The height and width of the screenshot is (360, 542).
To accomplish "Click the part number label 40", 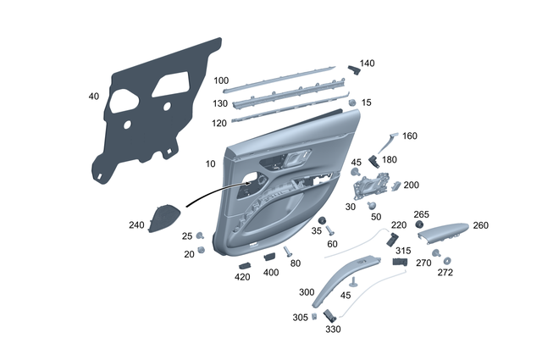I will [x=93, y=97].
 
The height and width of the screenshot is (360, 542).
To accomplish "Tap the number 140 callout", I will [x=367, y=64].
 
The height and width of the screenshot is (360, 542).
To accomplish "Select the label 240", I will [x=136, y=225].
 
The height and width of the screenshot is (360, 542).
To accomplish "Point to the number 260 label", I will [x=480, y=226].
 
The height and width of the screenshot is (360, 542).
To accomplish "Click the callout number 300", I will [x=307, y=292].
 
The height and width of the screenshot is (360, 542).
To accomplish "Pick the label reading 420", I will [x=242, y=277].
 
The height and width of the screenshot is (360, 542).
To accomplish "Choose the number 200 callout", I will [x=411, y=185].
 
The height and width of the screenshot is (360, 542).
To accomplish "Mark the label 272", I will [x=445, y=273].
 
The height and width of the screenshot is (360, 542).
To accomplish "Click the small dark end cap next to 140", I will [x=355, y=70].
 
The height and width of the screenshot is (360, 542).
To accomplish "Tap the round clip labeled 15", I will [x=351, y=102].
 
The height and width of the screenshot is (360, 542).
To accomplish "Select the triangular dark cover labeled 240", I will [x=163, y=219].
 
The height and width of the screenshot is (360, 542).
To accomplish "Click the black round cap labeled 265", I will [x=419, y=227].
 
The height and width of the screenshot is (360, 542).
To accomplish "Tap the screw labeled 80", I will [x=288, y=252].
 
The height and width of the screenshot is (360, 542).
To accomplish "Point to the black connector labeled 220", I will [x=392, y=240].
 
